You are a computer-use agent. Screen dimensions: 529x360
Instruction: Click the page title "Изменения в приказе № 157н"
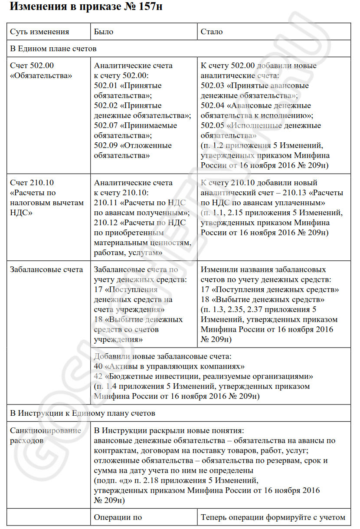pos(86,7)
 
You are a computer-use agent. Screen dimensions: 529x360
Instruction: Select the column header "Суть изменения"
pos(39,32)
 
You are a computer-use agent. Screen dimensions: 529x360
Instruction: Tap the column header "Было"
pos(104,32)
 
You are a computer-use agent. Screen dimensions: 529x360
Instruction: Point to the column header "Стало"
pos(212,32)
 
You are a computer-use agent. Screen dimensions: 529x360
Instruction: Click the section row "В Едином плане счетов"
pos(53,49)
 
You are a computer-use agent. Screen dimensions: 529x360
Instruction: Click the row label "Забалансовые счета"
pos(46,269)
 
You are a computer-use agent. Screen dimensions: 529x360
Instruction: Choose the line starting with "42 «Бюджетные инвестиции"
pos(203,376)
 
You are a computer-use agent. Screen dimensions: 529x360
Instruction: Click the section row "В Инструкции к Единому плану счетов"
pos(82,413)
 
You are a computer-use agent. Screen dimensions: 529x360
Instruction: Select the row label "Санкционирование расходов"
pos(46,435)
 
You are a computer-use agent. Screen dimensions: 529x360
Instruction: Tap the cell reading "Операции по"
pos(118,517)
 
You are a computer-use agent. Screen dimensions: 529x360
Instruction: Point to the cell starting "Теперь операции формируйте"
pos(273,517)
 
